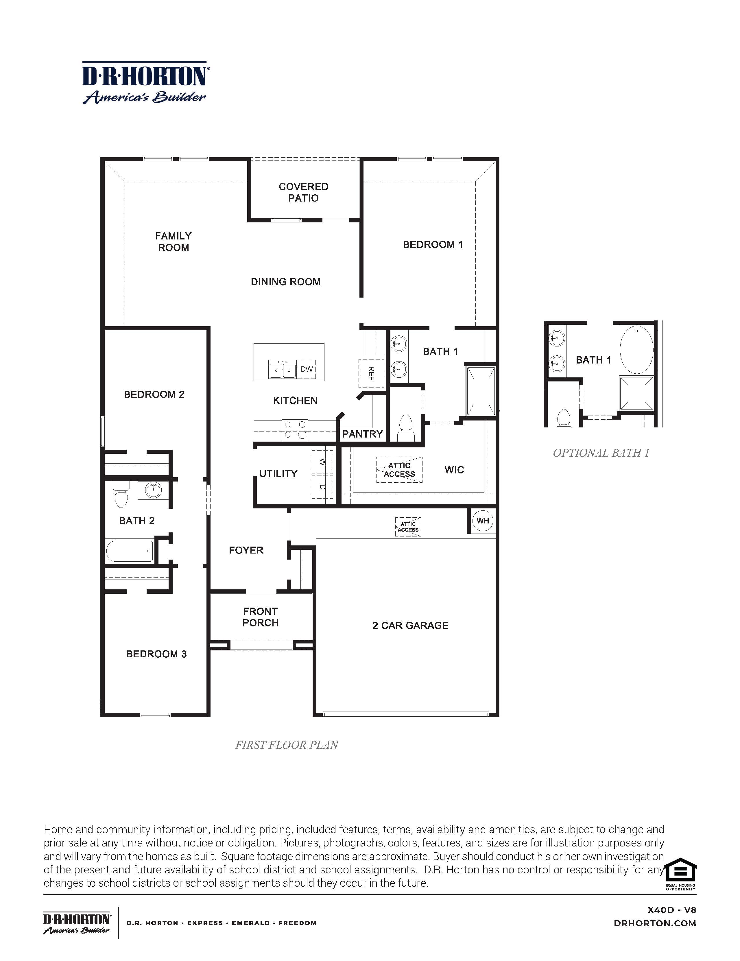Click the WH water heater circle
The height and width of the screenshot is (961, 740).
tap(483, 521)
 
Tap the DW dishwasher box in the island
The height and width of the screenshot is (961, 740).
tap(306, 369)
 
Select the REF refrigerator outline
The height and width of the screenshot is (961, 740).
tap(371, 373)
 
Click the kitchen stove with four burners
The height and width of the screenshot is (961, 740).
tap(295, 430)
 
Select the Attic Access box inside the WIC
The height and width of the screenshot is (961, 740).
tap(399, 469)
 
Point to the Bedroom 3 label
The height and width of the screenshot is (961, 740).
tap(156, 654)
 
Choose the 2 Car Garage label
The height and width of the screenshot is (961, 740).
tap(410, 625)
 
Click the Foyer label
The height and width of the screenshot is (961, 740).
tap(246, 550)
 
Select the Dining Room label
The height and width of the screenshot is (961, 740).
tap(285, 282)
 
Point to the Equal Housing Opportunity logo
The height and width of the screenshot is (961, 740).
tap(680, 873)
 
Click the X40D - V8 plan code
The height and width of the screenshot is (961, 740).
tap(671, 910)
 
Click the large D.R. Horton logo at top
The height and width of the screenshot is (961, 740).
tap(145, 83)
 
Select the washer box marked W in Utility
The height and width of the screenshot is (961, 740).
tap(322, 462)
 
